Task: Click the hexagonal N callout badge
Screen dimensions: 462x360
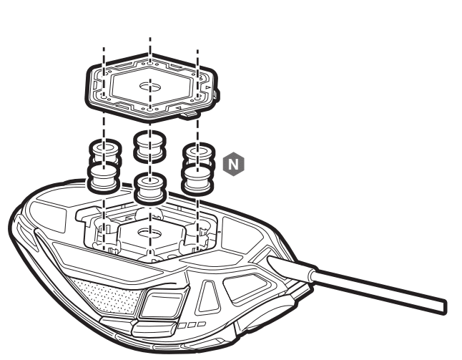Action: pyautogui.click(x=234, y=164)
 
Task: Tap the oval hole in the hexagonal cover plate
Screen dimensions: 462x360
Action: pyautogui.click(x=150, y=87)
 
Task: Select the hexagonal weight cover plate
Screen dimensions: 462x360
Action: pyautogui.click(x=152, y=87)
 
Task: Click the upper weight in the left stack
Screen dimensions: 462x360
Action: pyautogui.click(x=105, y=151)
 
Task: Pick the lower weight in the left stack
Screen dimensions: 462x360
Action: pyautogui.click(x=104, y=177)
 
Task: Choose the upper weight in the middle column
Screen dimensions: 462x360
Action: pyautogui.click(x=149, y=147)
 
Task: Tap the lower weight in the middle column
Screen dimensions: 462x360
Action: pyautogui.click(x=150, y=188)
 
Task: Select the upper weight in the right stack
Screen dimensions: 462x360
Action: pyautogui.click(x=199, y=155)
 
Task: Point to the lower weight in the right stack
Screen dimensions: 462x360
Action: pyautogui.click(x=197, y=180)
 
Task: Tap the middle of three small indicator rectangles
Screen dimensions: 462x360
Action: pyautogui.click(x=192, y=325)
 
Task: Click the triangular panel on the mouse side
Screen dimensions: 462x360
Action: pyautogui.click(x=209, y=296)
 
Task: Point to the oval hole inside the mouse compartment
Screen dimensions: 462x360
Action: pyautogui.click(x=150, y=233)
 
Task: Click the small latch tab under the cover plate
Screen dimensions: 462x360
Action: pyautogui.click(x=189, y=115)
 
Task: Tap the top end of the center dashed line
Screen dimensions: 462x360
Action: pyautogui.click(x=150, y=38)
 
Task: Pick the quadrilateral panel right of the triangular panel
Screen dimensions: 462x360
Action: pyautogui.click(x=247, y=287)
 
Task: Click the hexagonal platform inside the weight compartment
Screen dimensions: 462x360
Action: pyautogui.click(x=151, y=236)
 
